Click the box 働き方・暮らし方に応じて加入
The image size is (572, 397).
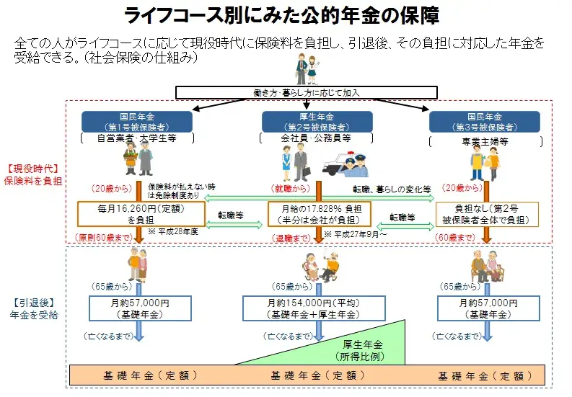(307, 92)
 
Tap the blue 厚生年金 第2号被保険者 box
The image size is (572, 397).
(307, 121)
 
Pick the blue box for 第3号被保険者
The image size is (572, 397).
(484, 121)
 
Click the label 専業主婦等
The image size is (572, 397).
(484, 141)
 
